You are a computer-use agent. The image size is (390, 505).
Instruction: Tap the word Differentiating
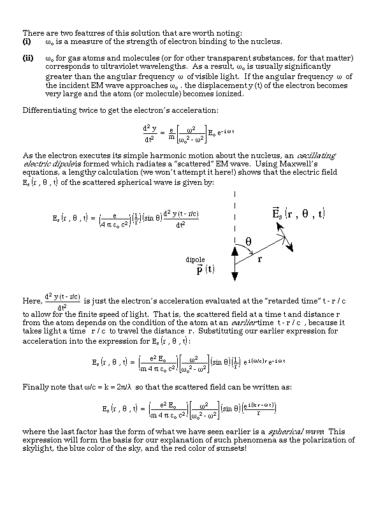[x=53, y=110]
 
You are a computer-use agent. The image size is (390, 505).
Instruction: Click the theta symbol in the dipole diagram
[x=249, y=242]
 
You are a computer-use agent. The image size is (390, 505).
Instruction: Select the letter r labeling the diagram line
[x=259, y=260]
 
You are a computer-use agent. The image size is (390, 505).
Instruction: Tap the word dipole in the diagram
[x=195, y=260]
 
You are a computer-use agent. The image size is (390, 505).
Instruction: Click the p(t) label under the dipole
[x=205, y=270]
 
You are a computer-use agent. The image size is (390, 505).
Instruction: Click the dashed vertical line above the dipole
[x=235, y=210]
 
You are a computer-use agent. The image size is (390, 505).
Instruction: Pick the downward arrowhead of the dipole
[x=235, y=275]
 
